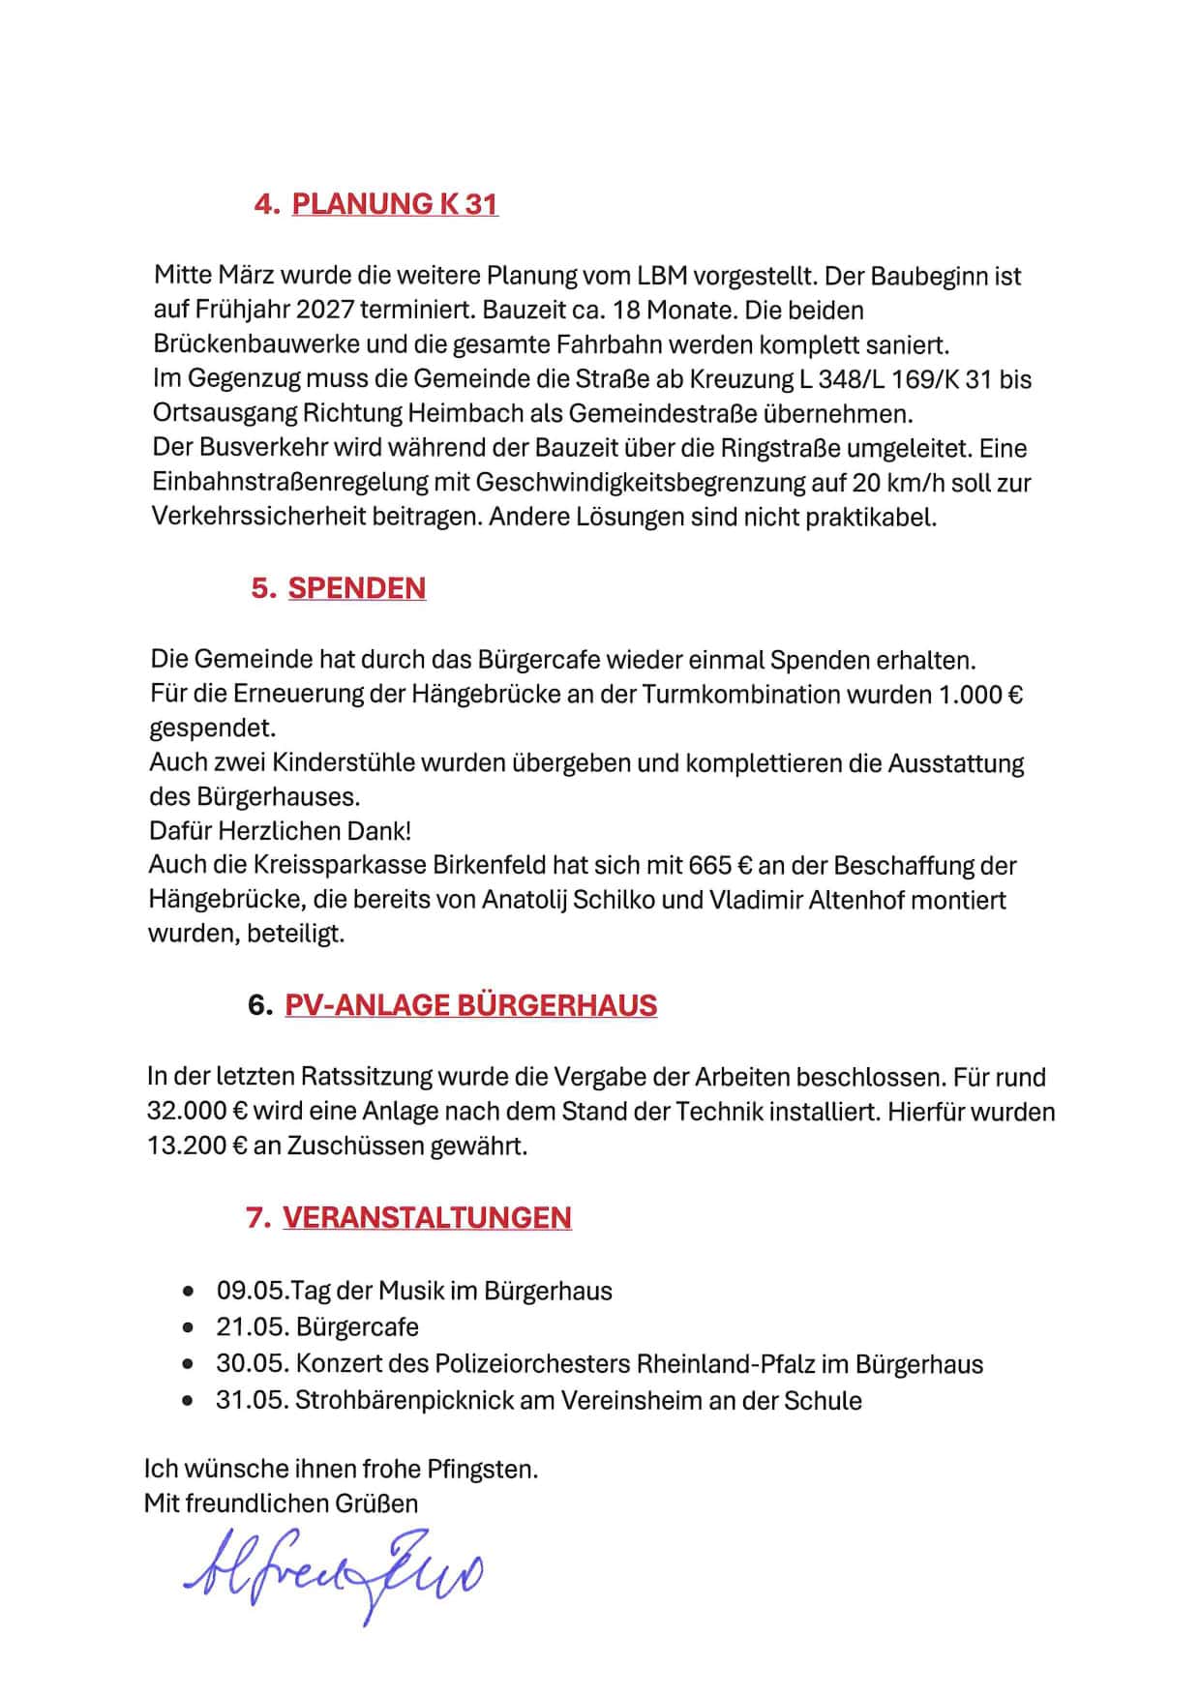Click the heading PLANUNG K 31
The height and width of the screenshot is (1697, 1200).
click(395, 204)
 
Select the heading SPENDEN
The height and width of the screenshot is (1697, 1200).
click(357, 588)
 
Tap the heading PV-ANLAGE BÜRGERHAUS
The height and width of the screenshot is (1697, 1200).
click(470, 1005)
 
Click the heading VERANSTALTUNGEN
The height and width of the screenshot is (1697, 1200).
click(427, 1217)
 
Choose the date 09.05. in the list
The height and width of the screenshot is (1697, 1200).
click(253, 1291)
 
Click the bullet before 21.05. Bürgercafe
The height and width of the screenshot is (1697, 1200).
click(188, 1327)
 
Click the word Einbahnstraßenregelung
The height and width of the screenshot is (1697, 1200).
click(311, 482)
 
